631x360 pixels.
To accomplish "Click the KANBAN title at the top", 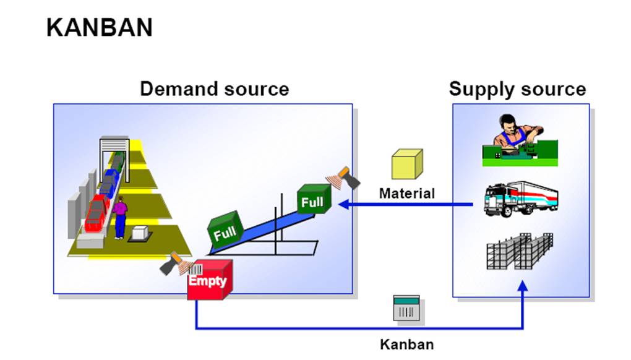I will [x=99, y=28].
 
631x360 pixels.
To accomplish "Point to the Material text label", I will [x=406, y=194].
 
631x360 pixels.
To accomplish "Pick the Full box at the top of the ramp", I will [x=314, y=199].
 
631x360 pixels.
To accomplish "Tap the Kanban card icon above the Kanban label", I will [x=406, y=307].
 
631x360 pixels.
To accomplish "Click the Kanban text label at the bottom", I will [x=406, y=345].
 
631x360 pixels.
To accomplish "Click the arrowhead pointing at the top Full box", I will [x=342, y=204].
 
